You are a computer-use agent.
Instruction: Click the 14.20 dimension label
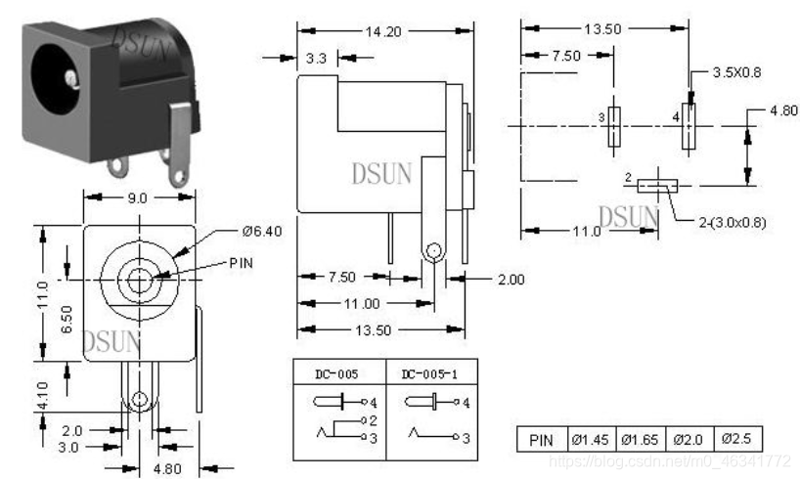384,30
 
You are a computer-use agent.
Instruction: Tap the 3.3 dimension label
316,59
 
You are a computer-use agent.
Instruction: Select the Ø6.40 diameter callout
261,232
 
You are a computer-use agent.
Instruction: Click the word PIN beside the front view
241,263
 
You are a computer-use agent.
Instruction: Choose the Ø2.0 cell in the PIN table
689,439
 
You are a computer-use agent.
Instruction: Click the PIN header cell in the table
542,439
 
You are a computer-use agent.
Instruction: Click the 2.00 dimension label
511,280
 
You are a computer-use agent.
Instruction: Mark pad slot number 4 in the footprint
689,127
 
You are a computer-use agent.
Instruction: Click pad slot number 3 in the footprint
613,127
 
